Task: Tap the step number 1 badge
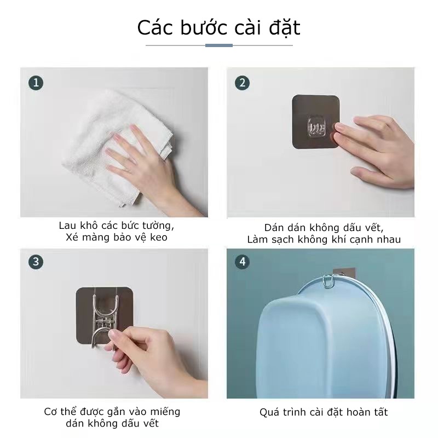click(x=36, y=83)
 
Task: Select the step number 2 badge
click(x=242, y=83)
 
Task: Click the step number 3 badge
click(x=36, y=261)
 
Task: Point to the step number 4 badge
click(x=242, y=261)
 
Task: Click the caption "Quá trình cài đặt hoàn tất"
click(x=324, y=412)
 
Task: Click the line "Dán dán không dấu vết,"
click(x=324, y=227)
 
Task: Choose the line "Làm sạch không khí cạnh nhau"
click(x=324, y=239)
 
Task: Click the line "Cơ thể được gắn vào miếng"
click(x=112, y=411)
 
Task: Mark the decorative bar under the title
click(x=219, y=45)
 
